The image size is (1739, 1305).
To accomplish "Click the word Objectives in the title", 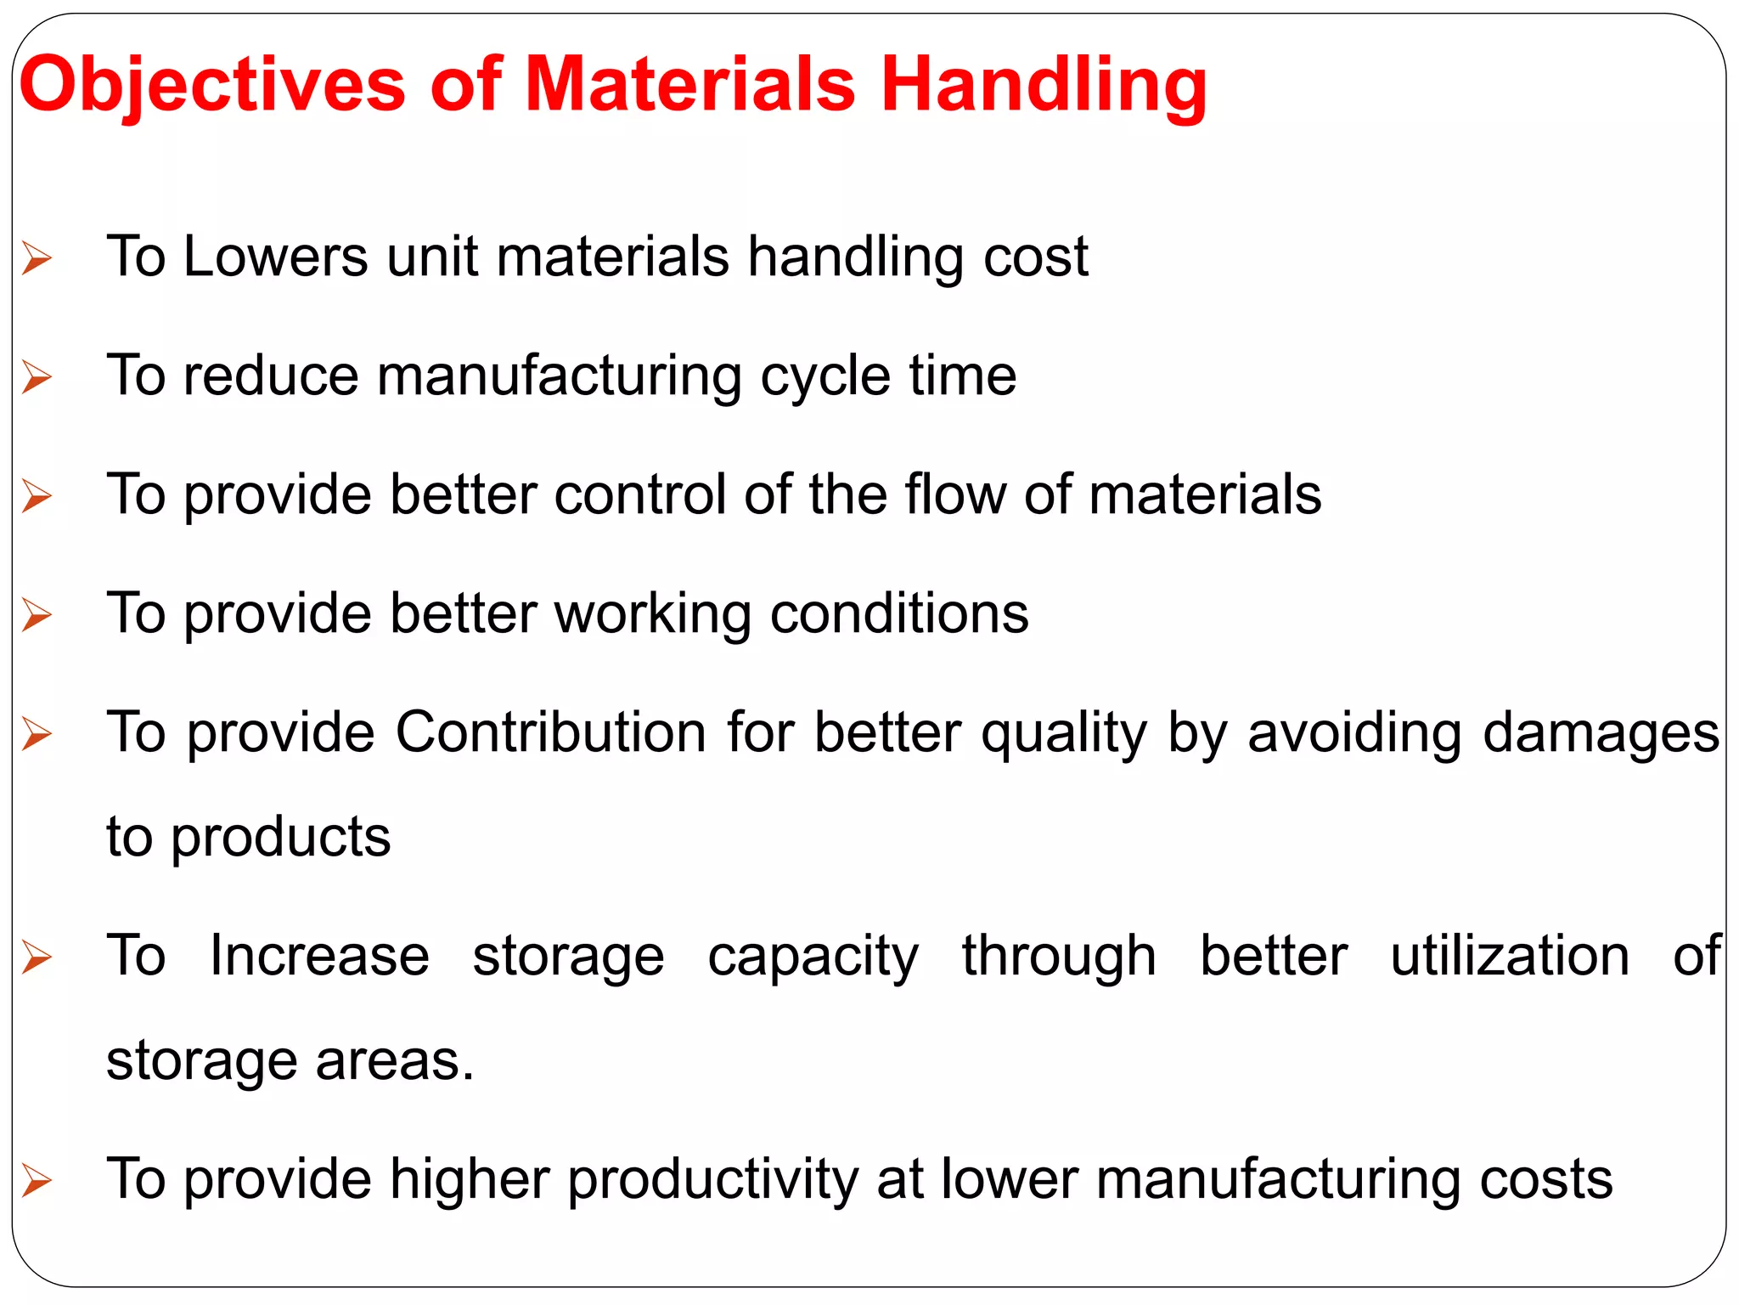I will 212,85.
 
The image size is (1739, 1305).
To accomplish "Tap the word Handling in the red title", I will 1044,85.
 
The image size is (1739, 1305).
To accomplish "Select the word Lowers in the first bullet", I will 276,257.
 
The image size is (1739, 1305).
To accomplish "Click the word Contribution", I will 551,732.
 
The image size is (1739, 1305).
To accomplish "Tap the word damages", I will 1601,732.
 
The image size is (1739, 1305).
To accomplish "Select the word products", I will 281,838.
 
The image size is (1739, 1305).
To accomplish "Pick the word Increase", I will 320,956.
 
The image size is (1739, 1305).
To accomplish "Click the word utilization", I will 1510,956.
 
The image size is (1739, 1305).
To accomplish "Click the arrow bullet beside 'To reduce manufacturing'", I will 37,376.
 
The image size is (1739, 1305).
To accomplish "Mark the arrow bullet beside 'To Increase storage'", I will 37,957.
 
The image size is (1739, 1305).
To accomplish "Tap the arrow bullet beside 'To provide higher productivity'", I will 37,1180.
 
